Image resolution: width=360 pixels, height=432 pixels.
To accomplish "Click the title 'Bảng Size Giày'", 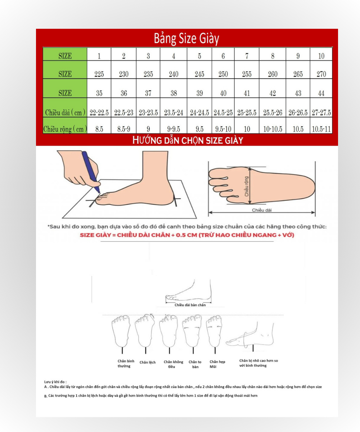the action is pyautogui.click(x=186, y=39).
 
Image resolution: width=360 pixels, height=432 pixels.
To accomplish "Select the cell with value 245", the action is pyautogui.click(x=199, y=70).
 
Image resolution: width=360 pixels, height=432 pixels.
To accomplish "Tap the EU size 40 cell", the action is pyautogui.click(x=223, y=88).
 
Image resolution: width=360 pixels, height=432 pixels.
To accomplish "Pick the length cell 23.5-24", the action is pyautogui.click(x=174, y=108).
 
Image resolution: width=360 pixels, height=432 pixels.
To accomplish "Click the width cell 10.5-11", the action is pyautogui.click(x=321, y=126).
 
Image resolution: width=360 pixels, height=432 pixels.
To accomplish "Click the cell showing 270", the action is pyautogui.click(x=321, y=70).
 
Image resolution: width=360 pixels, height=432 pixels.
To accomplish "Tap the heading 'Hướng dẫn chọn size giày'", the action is pyautogui.click(x=188, y=140).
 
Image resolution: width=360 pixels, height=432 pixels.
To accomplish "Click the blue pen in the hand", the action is pyautogui.click(x=91, y=172).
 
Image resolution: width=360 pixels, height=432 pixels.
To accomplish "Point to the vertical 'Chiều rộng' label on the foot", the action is pyautogui.click(x=246, y=186).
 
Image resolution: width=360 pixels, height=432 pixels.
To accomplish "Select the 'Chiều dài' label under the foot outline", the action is pyautogui.click(x=262, y=210).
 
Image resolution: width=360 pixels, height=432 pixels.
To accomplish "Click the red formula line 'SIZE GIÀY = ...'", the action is pyautogui.click(x=187, y=235).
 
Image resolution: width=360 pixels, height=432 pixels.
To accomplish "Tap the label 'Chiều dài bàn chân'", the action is pyautogui.click(x=190, y=305).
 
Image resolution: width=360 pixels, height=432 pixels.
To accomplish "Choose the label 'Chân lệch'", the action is pyautogui.click(x=148, y=362).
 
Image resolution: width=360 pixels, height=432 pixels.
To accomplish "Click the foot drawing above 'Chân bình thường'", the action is pyautogui.click(x=121, y=331).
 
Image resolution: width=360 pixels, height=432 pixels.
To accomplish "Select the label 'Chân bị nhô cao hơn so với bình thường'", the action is pyautogui.click(x=258, y=363).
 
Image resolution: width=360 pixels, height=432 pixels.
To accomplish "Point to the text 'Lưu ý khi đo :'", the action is pyautogui.click(x=55, y=382).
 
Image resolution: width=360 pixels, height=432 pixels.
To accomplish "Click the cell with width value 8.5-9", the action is pyautogui.click(x=124, y=126).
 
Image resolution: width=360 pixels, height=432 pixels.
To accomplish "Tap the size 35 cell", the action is pyautogui.click(x=99, y=88).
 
